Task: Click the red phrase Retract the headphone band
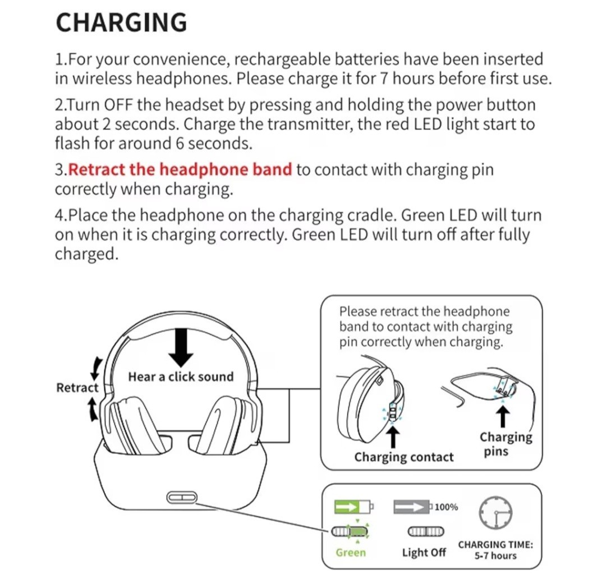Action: pos(180,169)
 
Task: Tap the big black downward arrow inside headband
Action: pos(181,346)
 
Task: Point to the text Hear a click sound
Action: pos(181,377)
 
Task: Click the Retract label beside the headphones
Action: pos(77,388)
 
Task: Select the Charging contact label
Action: pos(403,457)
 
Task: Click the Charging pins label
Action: pos(505,443)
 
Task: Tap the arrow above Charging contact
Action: pos(394,437)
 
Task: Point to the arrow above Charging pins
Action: pos(503,416)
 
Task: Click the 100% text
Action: pos(447,508)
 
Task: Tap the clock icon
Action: pos(495,512)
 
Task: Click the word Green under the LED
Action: pos(351,553)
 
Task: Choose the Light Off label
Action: pos(424,553)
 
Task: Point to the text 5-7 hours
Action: pos(495,556)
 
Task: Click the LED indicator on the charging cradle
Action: pos(180,497)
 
